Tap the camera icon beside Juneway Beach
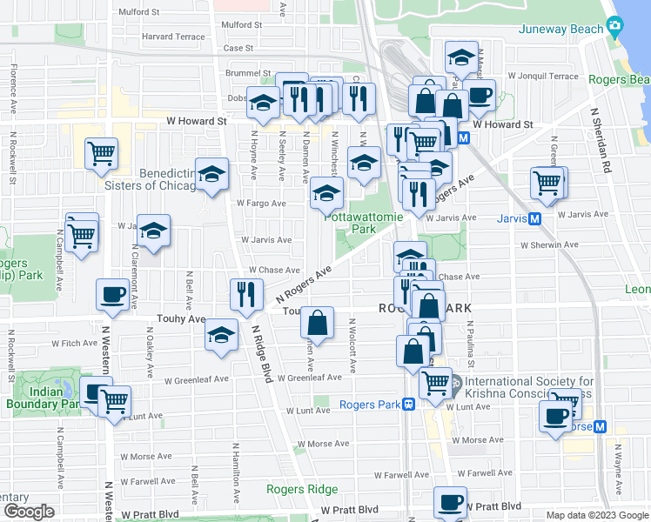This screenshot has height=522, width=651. pyautogui.click(x=615, y=29)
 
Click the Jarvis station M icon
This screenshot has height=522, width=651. pyautogui.click(x=534, y=218)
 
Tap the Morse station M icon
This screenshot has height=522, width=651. pyautogui.click(x=599, y=426)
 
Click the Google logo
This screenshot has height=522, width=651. pyautogui.click(x=29, y=512)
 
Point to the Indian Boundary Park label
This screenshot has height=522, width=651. pyautogui.click(x=46, y=398)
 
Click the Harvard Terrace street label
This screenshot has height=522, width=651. pyautogui.click(x=173, y=37)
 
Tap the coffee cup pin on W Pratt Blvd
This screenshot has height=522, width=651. pyautogui.click(x=450, y=503)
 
